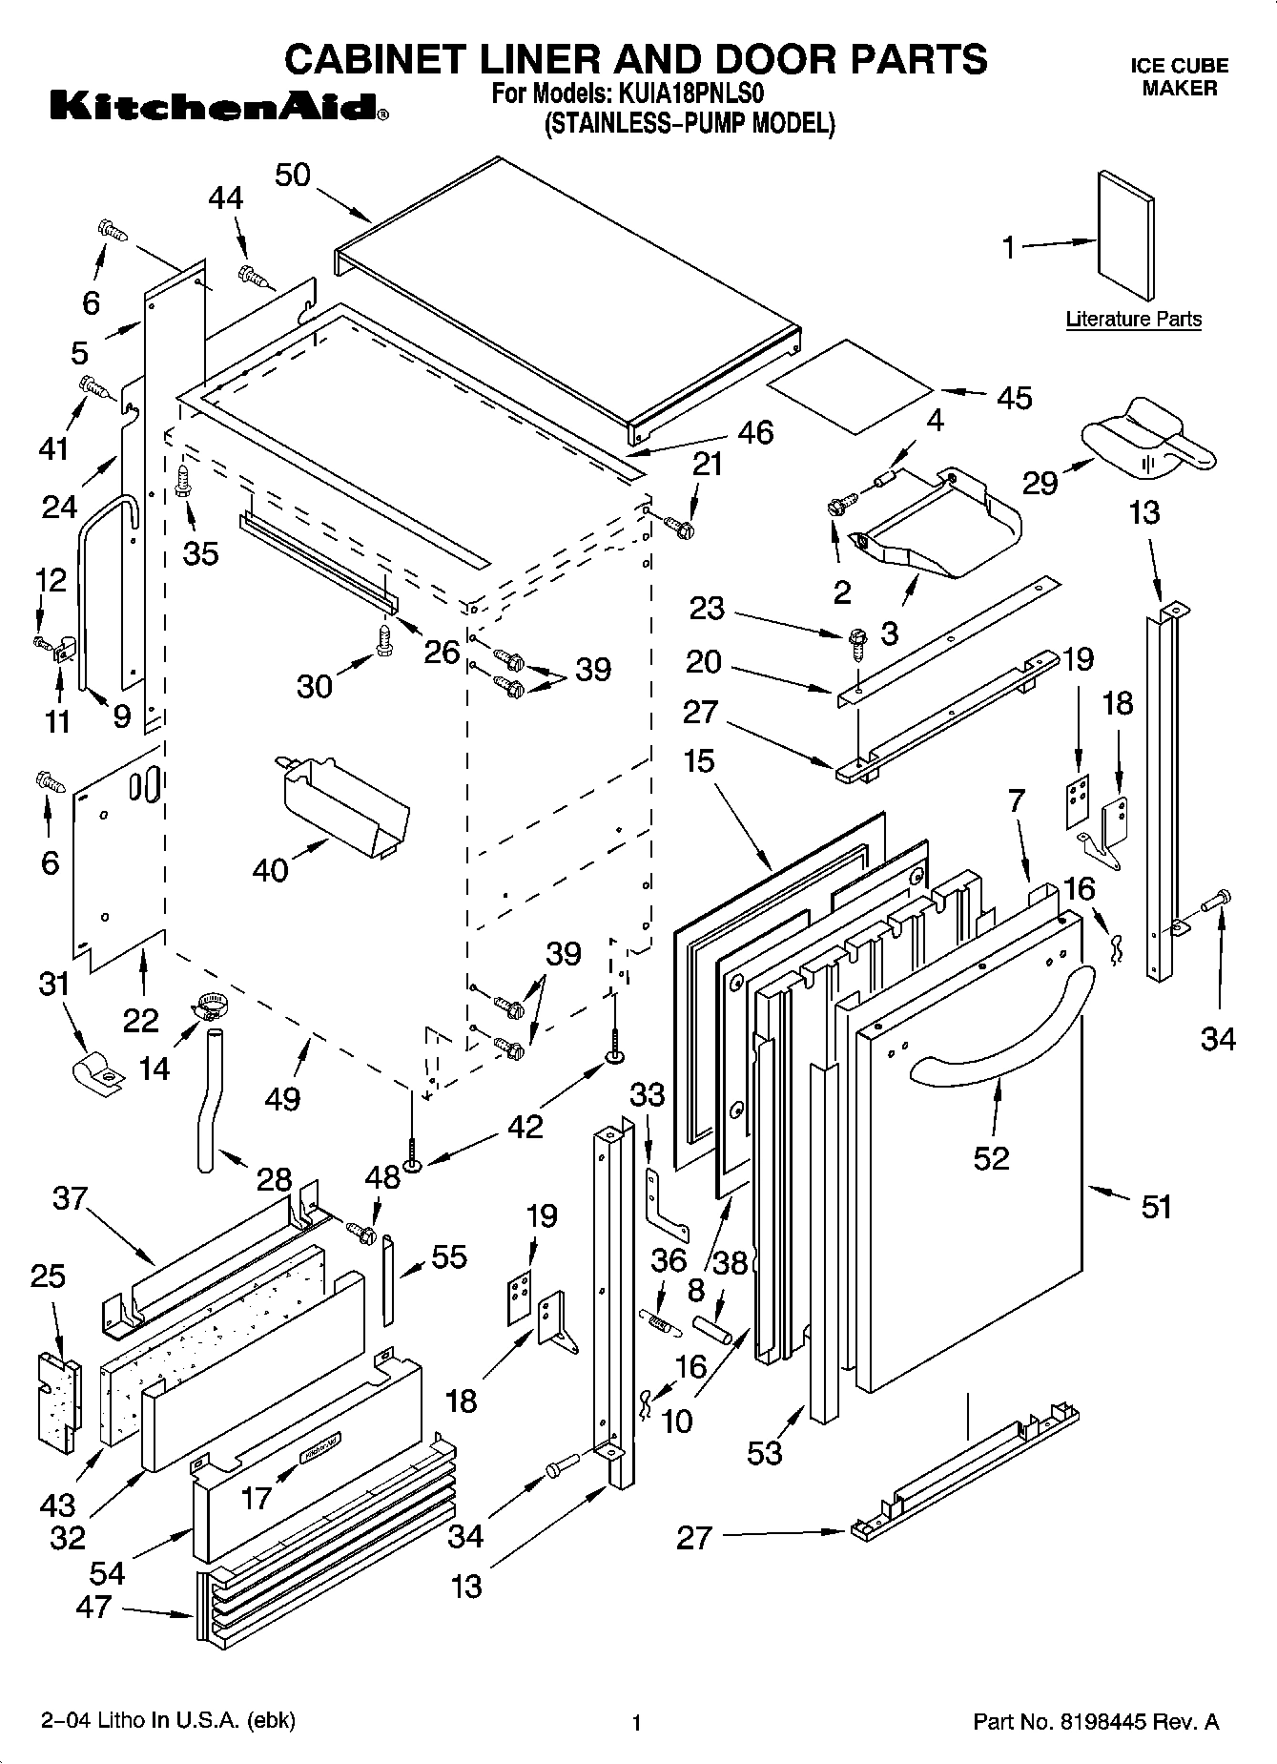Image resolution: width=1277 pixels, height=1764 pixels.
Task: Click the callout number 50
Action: point(293,176)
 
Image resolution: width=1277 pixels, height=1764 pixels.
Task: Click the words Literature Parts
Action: point(1133,320)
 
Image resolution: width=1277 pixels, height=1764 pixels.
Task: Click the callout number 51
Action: point(1156,1207)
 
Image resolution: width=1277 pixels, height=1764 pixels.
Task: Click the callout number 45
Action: point(1014,398)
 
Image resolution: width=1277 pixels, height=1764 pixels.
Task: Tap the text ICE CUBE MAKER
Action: point(1179,77)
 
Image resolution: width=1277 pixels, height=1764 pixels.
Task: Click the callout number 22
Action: point(140,1020)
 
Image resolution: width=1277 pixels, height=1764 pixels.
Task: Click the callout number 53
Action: point(765,1453)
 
